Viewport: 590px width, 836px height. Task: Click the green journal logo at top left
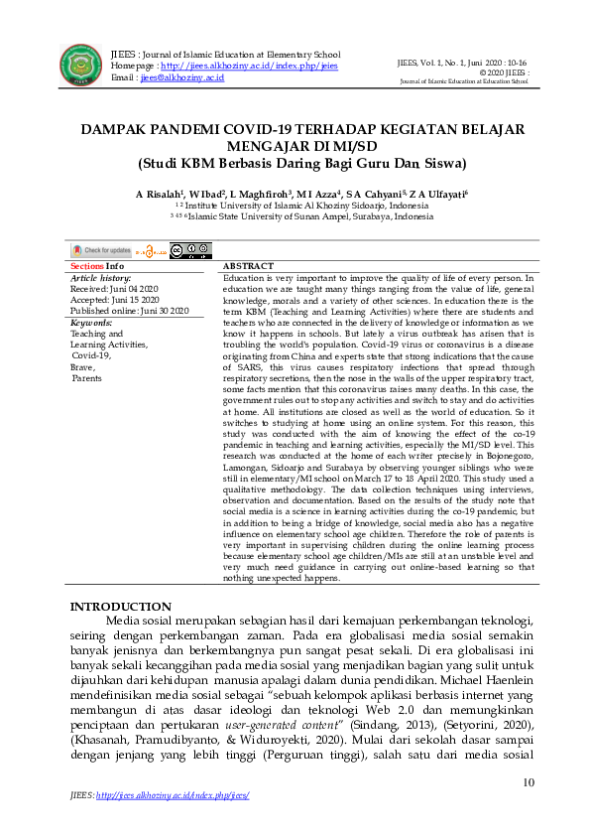click(79, 64)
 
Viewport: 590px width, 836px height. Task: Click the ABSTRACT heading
click(249, 267)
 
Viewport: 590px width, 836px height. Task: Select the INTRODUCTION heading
click(120, 607)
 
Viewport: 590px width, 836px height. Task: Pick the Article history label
click(102, 278)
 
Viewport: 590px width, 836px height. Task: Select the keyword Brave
click(82, 366)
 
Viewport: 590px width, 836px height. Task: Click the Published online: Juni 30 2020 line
click(129, 311)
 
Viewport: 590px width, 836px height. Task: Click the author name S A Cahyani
click(377, 194)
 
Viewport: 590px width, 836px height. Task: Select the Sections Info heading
click(96, 267)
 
